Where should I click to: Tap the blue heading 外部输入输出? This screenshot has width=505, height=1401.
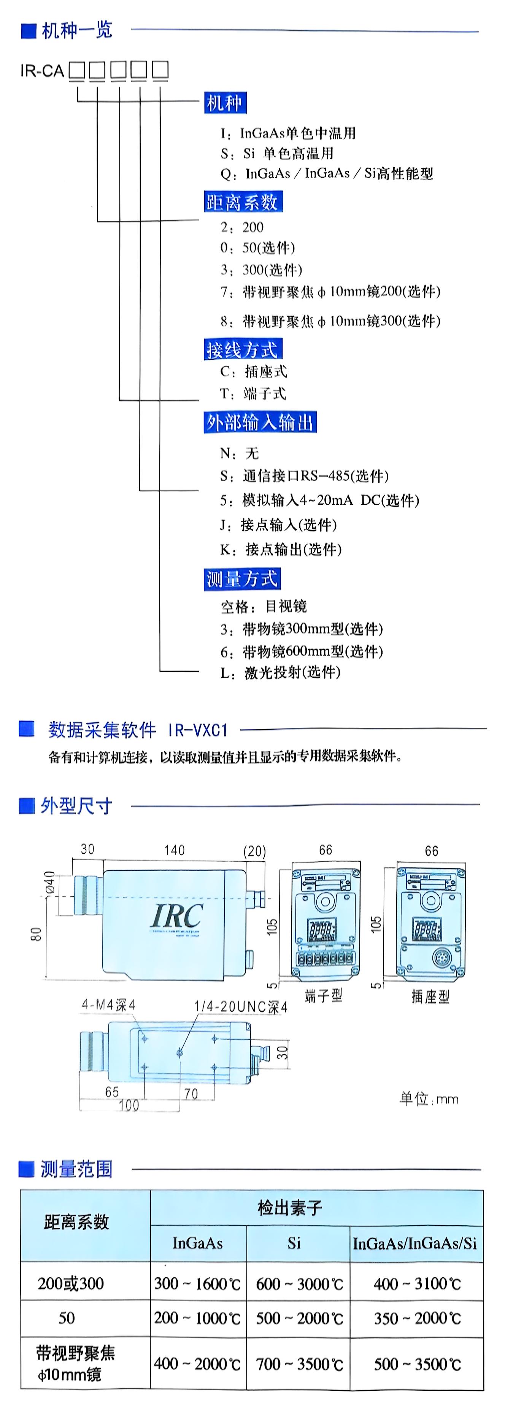[x=260, y=422]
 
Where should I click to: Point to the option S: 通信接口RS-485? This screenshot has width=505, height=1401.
[x=305, y=476]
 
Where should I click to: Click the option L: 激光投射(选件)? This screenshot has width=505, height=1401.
[x=281, y=673]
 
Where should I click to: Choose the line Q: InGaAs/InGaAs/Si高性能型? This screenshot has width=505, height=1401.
[x=327, y=174]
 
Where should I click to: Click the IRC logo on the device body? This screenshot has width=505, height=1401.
[x=177, y=916]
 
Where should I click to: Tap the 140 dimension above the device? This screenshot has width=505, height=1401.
[x=175, y=850]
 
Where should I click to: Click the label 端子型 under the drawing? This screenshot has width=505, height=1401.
[x=324, y=996]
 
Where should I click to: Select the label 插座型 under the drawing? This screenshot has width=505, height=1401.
[x=430, y=996]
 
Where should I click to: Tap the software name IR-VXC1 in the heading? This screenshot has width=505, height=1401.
[x=198, y=730]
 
